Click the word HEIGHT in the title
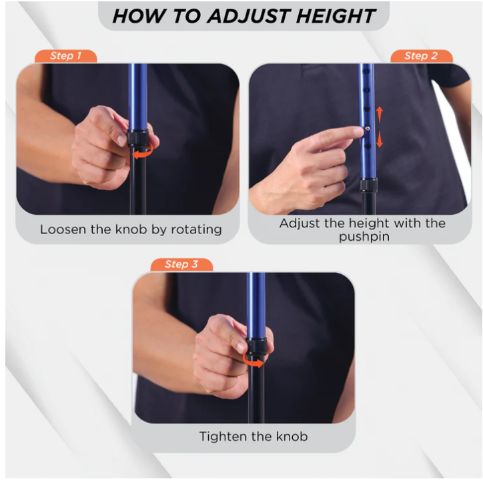pyautogui.click(x=336, y=16)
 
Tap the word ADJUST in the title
pyautogui.click(x=249, y=16)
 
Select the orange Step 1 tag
pyautogui.click(x=65, y=56)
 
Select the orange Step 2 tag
pyautogui.click(x=421, y=56)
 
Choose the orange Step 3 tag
pyautogui.click(x=181, y=264)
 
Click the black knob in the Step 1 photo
pyautogui.click(x=137, y=137)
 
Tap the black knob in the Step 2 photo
pyautogui.click(x=368, y=185)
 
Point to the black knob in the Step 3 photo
pyautogui.click(x=256, y=346)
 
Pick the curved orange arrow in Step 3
pyautogui.click(x=253, y=362)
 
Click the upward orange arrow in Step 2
pyautogui.click(x=380, y=114)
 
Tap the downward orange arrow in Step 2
pyautogui.click(x=380, y=139)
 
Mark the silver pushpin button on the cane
pyautogui.click(x=368, y=129)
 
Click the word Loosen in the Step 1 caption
pyautogui.click(x=63, y=229)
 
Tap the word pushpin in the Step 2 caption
pyautogui.click(x=364, y=237)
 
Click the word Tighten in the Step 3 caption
pyautogui.click(x=223, y=437)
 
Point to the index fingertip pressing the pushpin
pyautogui.click(x=359, y=131)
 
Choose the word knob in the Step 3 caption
pyautogui.click(x=292, y=436)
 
